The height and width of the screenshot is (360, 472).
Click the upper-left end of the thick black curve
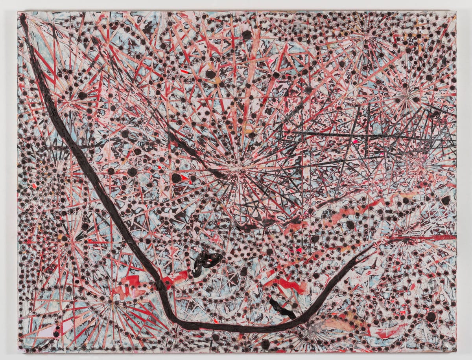[23, 18]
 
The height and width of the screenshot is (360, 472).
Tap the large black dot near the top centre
[247, 35]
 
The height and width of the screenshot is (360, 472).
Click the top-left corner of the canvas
[18, 12]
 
